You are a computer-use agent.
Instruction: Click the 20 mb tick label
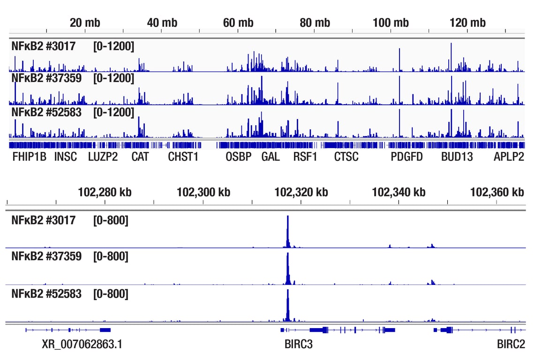coord(85,23)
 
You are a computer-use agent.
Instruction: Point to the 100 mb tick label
coord(391,23)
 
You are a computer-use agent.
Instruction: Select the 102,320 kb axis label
coord(301,192)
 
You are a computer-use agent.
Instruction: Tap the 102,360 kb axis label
coord(497,192)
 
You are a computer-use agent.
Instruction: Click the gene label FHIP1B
coord(29,157)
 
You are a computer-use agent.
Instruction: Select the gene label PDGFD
coord(407,157)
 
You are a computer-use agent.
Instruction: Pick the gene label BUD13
coord(457,157)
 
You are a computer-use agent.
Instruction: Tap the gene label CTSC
coord(346,157)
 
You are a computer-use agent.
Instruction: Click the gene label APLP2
coord(509,157)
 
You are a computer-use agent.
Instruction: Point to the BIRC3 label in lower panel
coord(298,345)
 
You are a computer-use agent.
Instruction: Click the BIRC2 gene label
coord(511,345)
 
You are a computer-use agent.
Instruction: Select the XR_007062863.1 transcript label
coord(82,345)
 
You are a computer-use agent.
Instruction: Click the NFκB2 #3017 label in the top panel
coord(43,46)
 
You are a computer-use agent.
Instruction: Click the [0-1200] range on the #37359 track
coord(113,78)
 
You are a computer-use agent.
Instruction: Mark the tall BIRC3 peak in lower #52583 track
coord(288,305)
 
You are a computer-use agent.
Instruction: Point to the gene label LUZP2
coord(103,157)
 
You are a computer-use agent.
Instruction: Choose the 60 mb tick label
coord(238,23)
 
